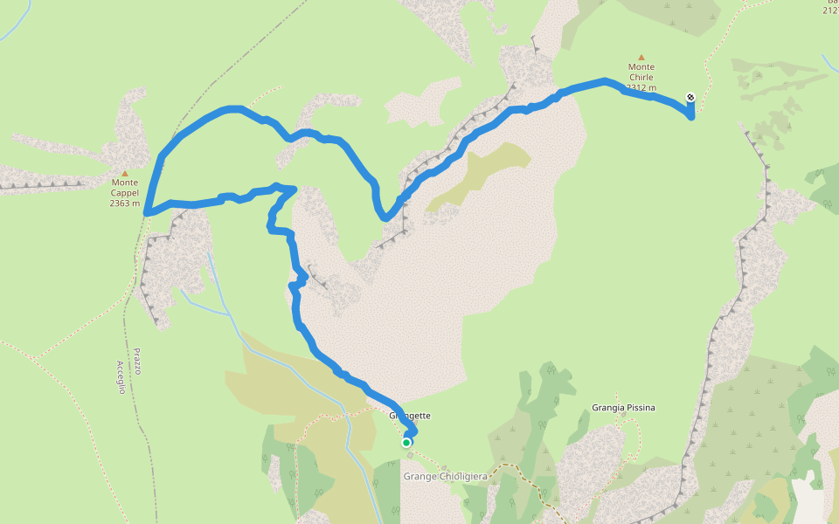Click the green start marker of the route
click(x=406, y=443)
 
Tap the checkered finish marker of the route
click(x=690, y=97)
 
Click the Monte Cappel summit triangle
click(x=125, y=173)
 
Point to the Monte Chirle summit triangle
click(x=641, y=57)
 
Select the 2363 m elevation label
click(x=125, y=203)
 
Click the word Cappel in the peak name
click(x=125, y=193)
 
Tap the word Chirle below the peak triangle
click(x=641, y=77)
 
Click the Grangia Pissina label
click(x=623, y=408)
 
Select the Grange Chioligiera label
click(x=444, y=476)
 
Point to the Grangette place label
click(x=409, y=416)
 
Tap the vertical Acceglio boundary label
click(x=121, y=377)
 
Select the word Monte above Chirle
click(x=641, y=66)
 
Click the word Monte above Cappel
click(x=125, y=183)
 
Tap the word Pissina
click(x=639, y=408)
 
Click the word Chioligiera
click(x=459, y=476)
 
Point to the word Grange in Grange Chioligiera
click(x=418, y=476)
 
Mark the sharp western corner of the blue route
click(x=147, y=211)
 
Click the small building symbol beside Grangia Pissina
click(x=621, y=419)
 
